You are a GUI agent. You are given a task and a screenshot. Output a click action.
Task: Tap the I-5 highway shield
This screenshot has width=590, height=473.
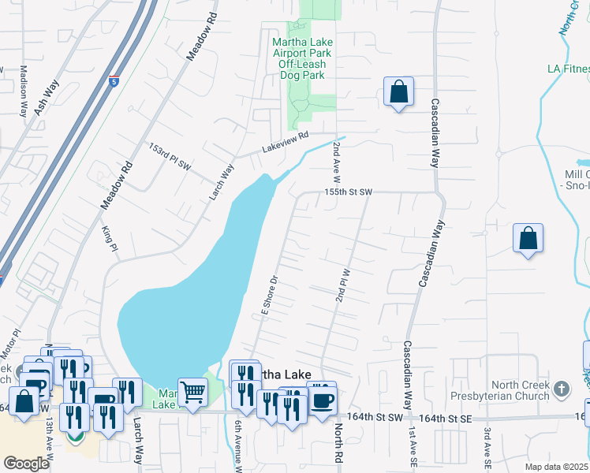click(115, 81)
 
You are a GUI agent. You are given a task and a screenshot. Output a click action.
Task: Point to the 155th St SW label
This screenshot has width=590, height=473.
click(347, 192)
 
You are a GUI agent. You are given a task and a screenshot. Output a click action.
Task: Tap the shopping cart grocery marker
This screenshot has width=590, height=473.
click(192, 391)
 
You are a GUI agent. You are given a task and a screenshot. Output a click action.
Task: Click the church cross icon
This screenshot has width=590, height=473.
click(561, 388)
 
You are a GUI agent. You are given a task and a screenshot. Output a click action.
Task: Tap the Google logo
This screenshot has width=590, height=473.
click(26, 464)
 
